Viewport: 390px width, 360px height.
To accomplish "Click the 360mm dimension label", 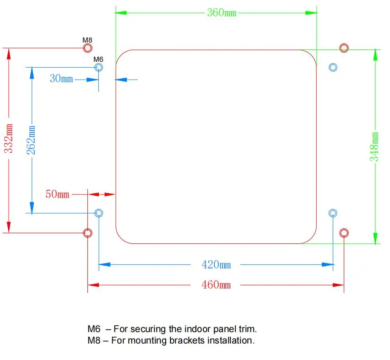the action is pyautogui.click(x=222, y=13).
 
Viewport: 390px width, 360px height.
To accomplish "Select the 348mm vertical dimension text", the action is pyautogui.click(x=374, y=147).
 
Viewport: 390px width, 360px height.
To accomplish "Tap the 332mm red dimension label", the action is pyautogui.click(x=8, y=138).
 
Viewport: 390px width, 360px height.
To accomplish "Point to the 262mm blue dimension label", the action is pyautogui.click(x=31, y=140).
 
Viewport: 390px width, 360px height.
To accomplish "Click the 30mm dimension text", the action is pyautogui.click(x=61, y=79).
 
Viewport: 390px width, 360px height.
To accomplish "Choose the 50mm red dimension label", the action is pyautogui.click(x=57, y=194).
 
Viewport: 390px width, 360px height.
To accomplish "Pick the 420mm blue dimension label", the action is pyautogui.click(x=216, y=264).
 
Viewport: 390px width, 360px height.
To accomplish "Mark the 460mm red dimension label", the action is pyautogui.click(x=216, y=285).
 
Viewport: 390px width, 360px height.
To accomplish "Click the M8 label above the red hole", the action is pyautogui.click(x=87, y=40).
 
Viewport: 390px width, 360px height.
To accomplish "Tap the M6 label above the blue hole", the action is pyautogui.click(x=98, y=59).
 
